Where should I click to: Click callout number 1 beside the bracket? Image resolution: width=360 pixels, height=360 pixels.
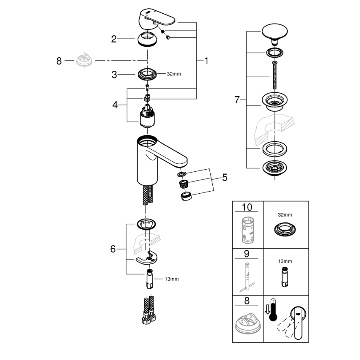pyautogui.click(x=206, y=61)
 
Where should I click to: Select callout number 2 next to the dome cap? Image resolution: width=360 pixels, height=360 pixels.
pyautogui.click(x=114, y=39)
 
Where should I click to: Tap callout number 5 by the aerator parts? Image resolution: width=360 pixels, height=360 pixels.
pyautogui.click(x=224, y=178)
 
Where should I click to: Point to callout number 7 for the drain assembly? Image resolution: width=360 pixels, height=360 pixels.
pyautogui.click(x=237, y=100)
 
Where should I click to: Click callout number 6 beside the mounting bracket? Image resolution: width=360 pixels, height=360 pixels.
pyautogui.click(x=112, y=249)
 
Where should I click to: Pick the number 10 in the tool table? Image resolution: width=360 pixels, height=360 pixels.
pyautogui.click(x=247, y=207)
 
